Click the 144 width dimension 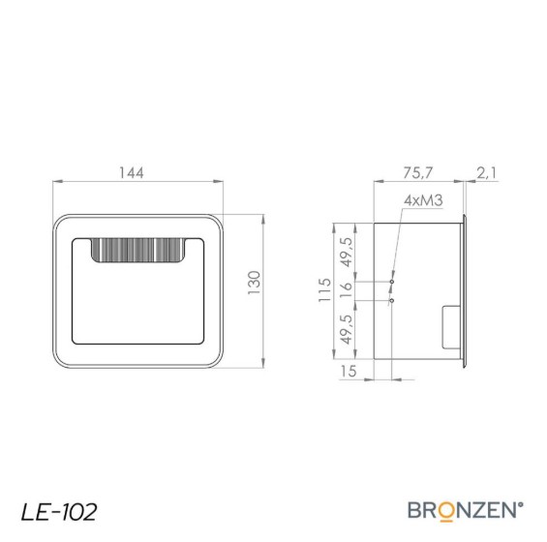(131, 173)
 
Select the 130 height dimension (255, 283)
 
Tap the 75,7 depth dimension (417, 173)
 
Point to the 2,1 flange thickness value (486, 173)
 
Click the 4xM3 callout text (423, 200)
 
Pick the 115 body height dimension (324, 290)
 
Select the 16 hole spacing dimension (346, 290)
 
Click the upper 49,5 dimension (347, 253)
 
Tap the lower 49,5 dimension (347, 329)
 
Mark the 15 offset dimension (349, 371)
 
